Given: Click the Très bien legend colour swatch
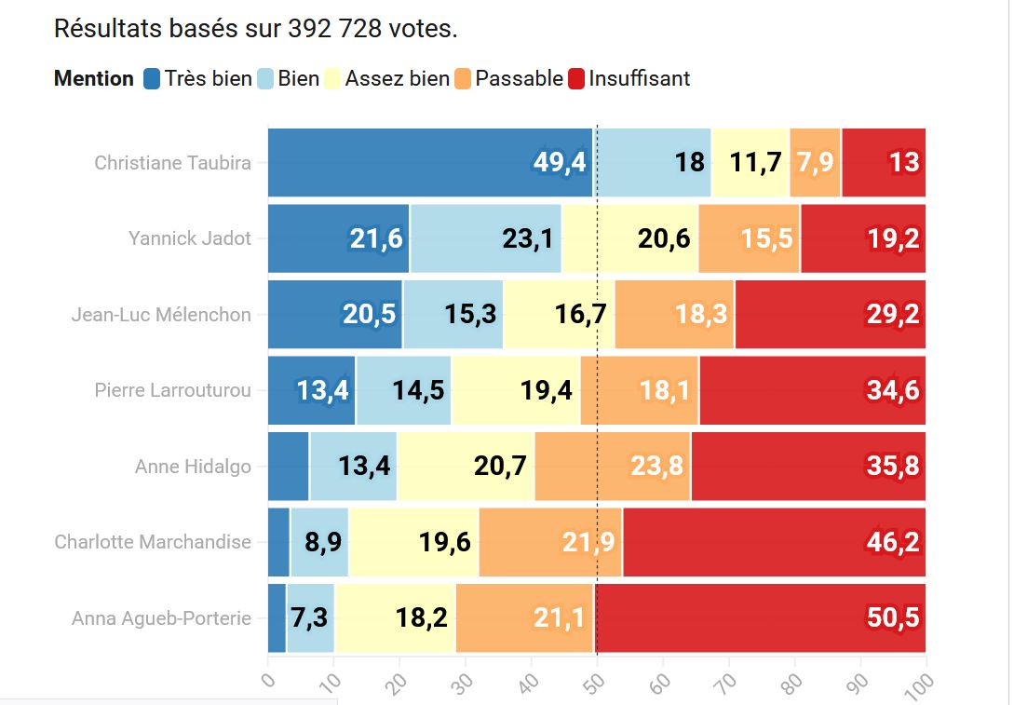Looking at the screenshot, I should tap(153, 79).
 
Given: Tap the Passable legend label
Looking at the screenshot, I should tap(519, 79).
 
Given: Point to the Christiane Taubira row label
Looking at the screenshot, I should tap(172, 163).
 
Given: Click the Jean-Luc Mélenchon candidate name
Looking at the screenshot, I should tap(161, 315).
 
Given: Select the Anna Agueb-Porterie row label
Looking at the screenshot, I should tap(161, 617).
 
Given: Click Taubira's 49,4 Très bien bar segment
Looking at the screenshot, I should tap(430, 163).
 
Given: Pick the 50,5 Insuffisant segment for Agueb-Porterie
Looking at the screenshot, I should tap(760, 617).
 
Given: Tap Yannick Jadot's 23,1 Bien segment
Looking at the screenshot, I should tap(486, 239).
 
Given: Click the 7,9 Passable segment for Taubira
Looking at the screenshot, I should tap(815, 163).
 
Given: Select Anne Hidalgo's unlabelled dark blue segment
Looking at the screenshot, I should tap(289, 466).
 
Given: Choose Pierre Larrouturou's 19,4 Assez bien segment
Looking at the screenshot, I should tap(516, 390).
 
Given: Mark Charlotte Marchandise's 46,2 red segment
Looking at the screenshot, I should tap(774, 542).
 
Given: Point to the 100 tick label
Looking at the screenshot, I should tap(920, 683).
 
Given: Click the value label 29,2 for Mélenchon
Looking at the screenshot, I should tap(893, 315).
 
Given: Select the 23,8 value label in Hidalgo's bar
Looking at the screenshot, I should tap(657, 466).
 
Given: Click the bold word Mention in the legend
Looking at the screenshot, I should tap(94, 79).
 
